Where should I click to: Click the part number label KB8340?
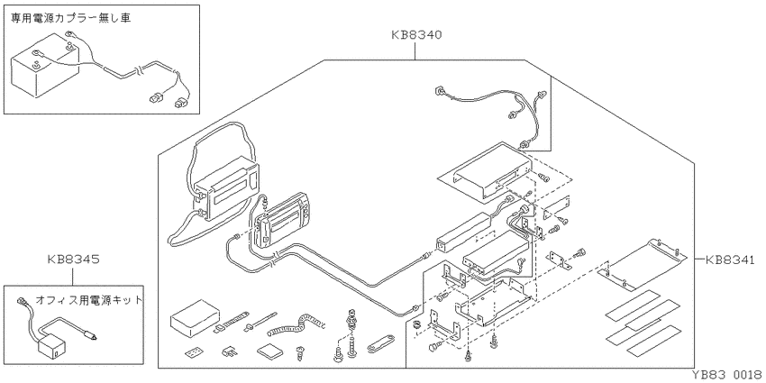pyautogui.click(x=416, y=35)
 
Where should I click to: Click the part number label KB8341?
pyautogui.click(x=730, y=260)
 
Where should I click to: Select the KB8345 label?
pyautogui.click(x=73, y=260)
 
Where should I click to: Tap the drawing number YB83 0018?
pyautogui.click(x=726, y=375)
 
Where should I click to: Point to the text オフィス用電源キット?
pyautogui.click(x=90, y=299)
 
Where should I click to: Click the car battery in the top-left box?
pyautogui.click(x=45, y=69)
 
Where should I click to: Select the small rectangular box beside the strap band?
pyautogui.click(x=195, y=318)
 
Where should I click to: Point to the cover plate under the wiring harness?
pyautogui.click(x=484, y=170)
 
